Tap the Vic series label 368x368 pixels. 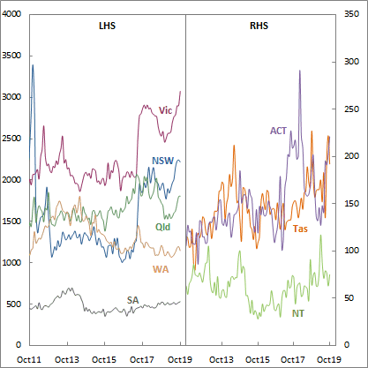pyautogui.click(x=165, y=110)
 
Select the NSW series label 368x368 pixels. pyautogui.click(x=161, y=161)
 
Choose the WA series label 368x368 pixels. pyautogui.click(x=161, y=268)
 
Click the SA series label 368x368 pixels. pyautogui.click(x=132, y=300)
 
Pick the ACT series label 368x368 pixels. pyautogui.click(x=279, y=131)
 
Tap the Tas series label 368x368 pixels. pyautogui.click(x=300, y=229)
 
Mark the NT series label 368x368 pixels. pyautogui.click(x=299, y=312)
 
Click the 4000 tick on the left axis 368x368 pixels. pyautogui.click(x=13, y=15)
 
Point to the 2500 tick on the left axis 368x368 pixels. pyautogui.click(x=13, y=139)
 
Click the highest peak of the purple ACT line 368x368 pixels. pyautogui.click(x=300, y=71)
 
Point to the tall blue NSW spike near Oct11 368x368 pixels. pyautogui.click(x=33, y=65)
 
